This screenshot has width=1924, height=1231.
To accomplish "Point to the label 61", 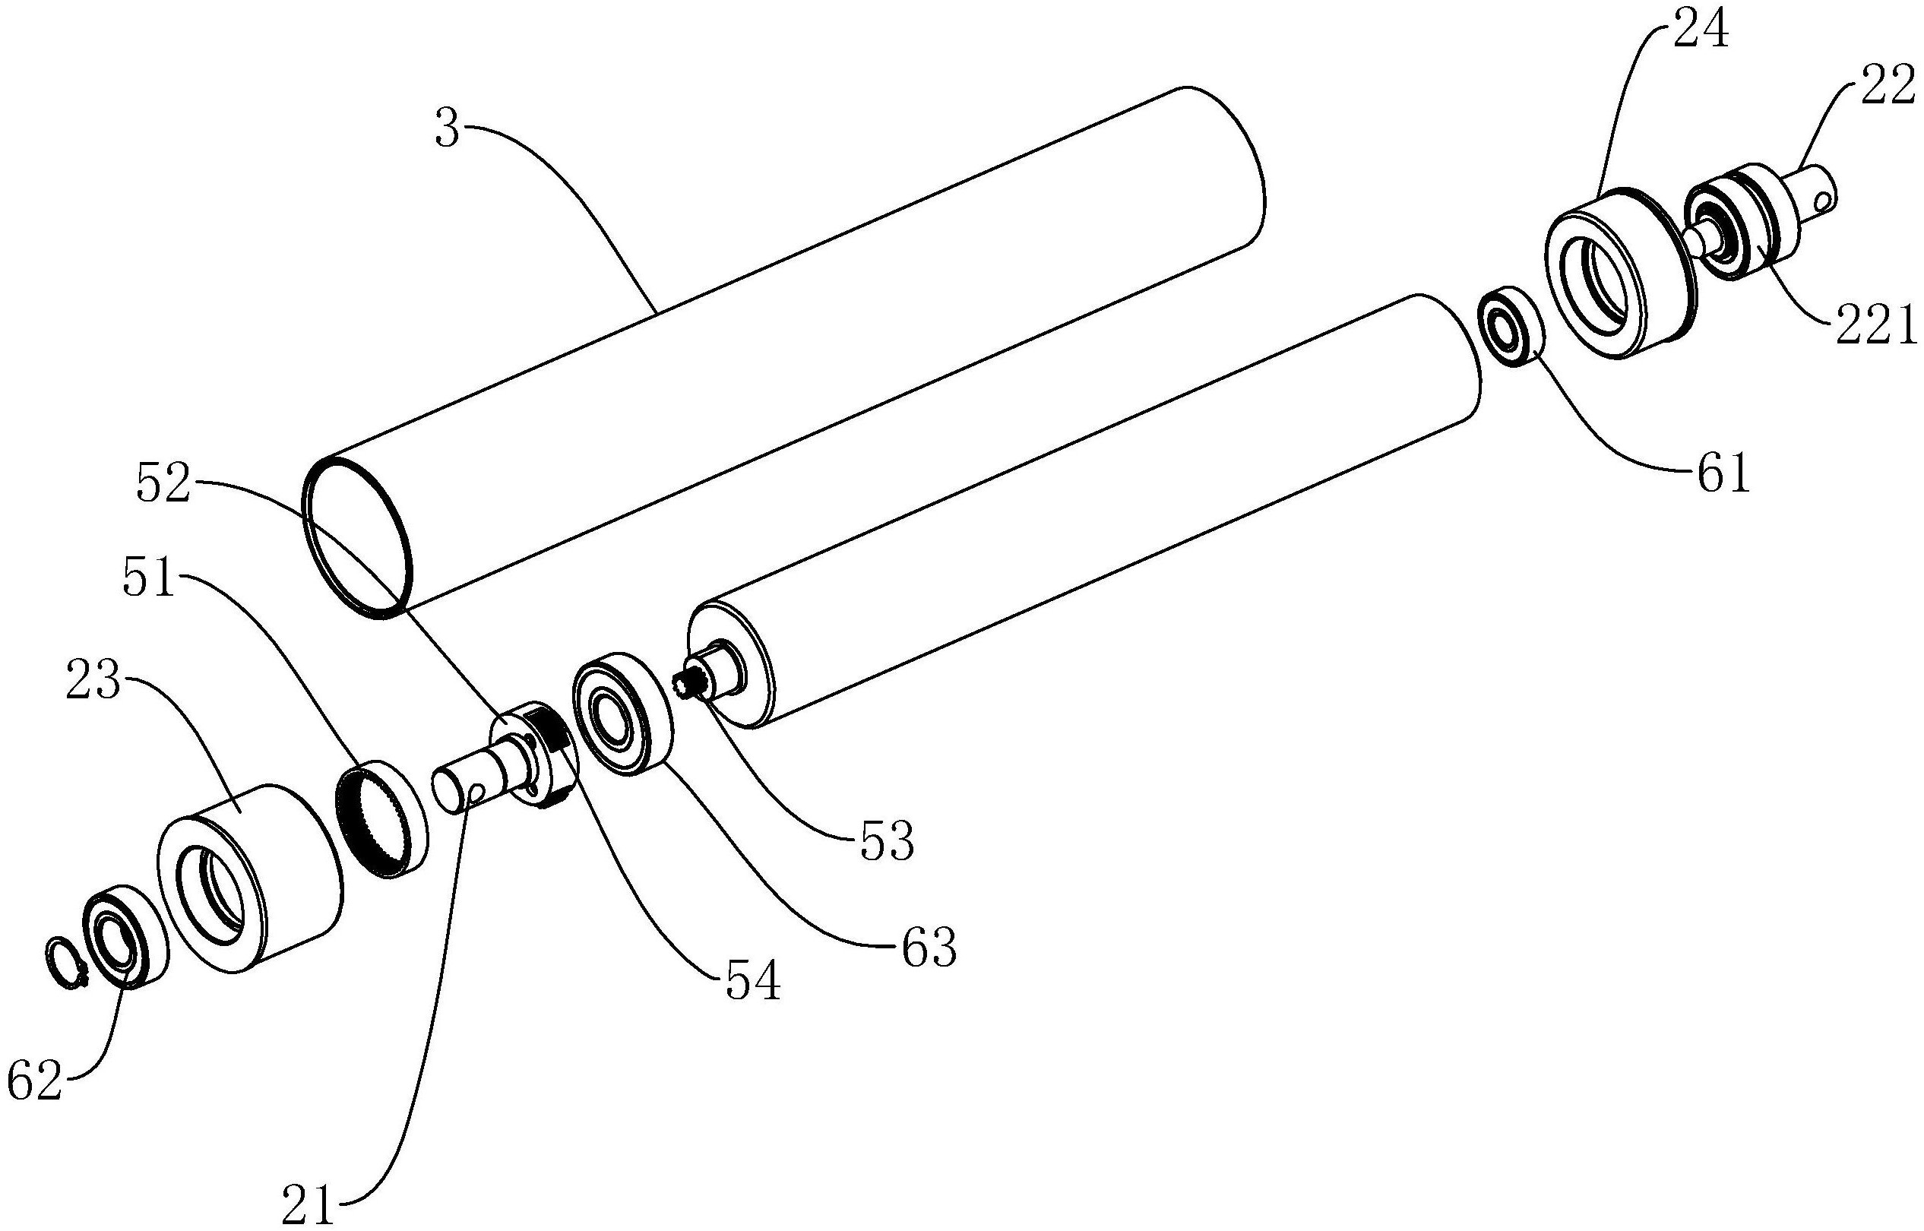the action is coord(1722,474).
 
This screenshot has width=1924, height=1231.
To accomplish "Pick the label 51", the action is coord(150,579).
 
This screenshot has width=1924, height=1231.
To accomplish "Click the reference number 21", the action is coord(309,1207).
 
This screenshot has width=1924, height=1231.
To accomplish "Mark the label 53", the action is coord(888,842).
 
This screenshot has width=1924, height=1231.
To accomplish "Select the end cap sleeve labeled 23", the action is coord(249,878).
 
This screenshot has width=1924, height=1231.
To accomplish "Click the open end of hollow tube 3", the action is coord(359,537).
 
